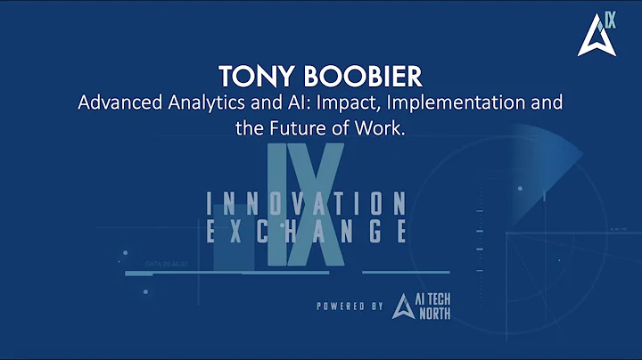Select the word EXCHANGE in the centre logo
pos(307,231)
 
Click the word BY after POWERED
pos(376,307)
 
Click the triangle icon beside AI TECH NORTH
pos(401,307)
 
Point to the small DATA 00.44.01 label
pos(168,265)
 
